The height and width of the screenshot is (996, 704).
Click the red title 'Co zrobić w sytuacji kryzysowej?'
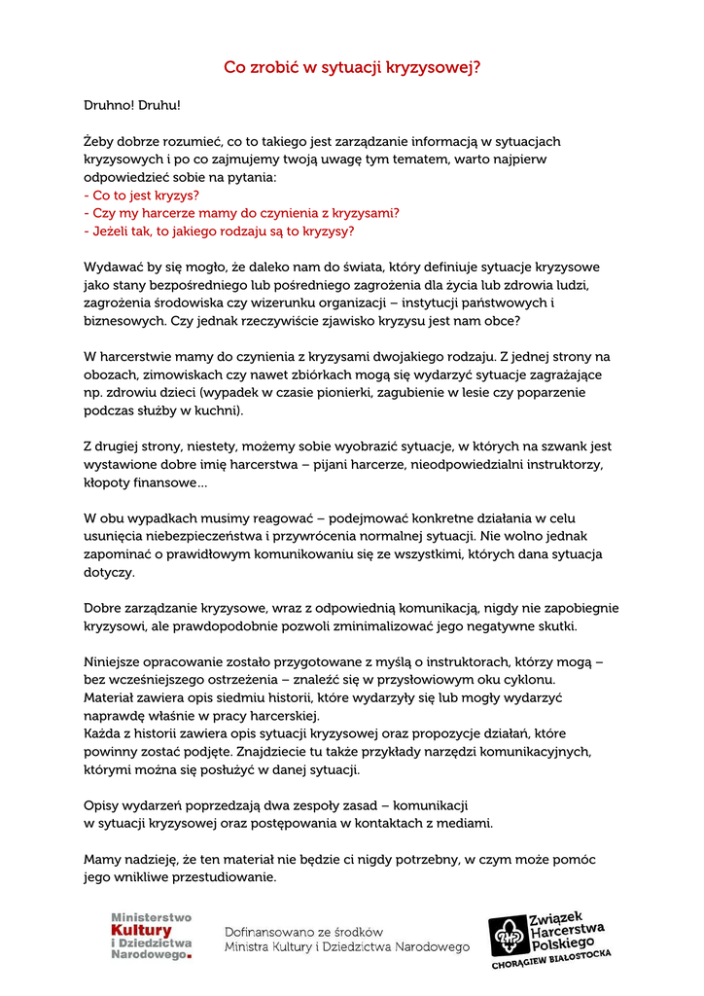(352, 68)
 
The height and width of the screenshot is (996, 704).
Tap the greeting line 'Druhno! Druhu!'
(132, 105)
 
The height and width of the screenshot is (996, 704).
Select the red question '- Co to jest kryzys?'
(142, 195)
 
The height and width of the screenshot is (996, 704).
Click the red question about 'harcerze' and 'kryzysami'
(242, 213)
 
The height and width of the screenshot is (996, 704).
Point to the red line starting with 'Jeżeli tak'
(219, 231)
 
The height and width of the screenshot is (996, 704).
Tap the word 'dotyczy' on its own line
(109, 572)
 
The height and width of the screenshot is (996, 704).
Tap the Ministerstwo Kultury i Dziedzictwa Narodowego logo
(152, 937)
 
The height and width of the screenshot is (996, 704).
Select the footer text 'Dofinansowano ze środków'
(304, 932)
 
